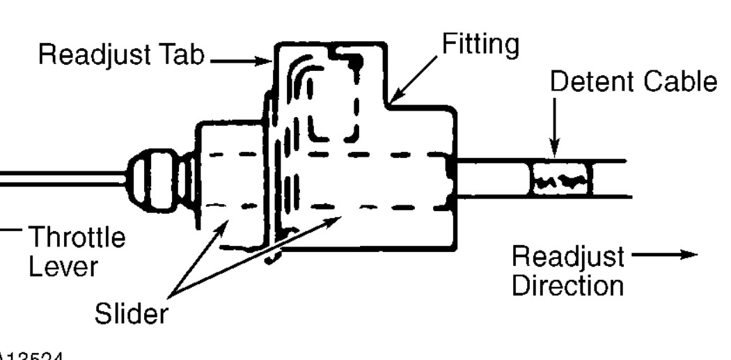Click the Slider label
coord(131,314)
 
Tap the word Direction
coord(568,285)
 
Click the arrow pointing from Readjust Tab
coord(240,61)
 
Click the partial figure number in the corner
coord(31,356)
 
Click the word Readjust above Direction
coord(568,257)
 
